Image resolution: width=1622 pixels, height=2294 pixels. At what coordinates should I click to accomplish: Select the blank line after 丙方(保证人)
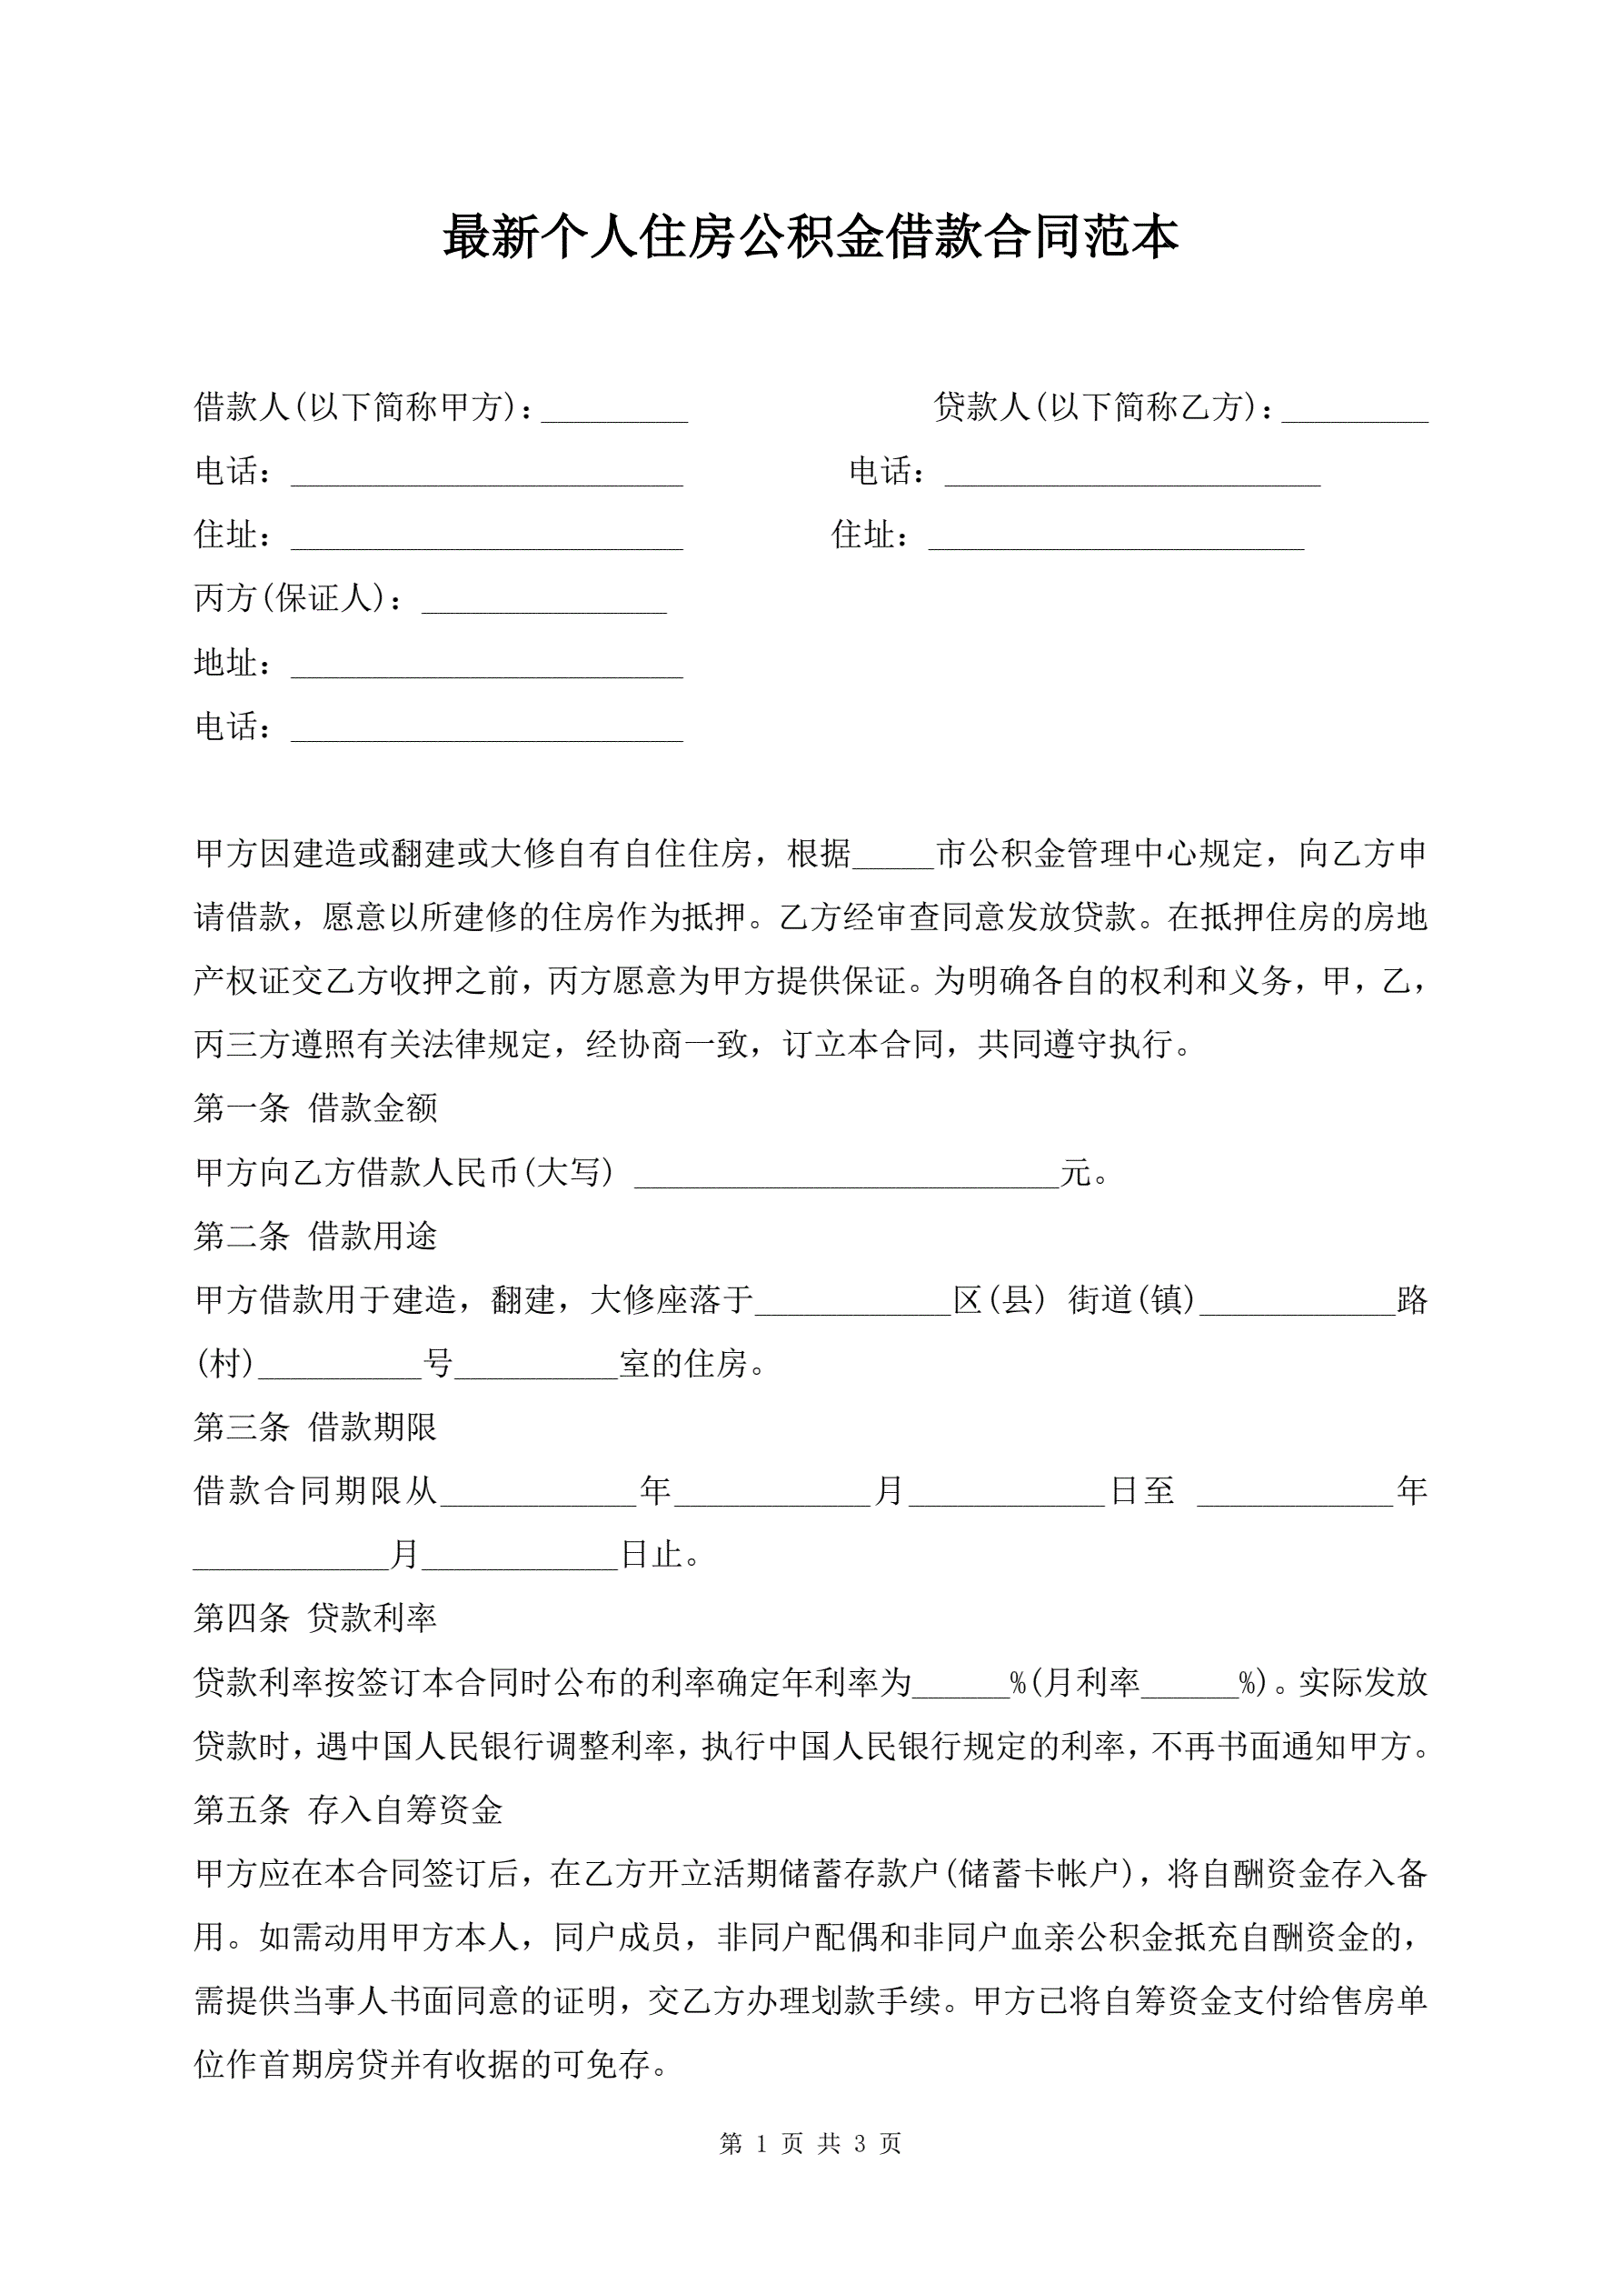tap(543, 604)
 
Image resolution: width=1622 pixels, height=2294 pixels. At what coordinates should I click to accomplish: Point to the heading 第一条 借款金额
tap(315, 1108)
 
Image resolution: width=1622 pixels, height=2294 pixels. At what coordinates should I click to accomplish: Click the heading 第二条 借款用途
tap(315, 1236)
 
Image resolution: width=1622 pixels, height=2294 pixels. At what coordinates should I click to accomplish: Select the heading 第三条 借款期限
tap(315, 1427)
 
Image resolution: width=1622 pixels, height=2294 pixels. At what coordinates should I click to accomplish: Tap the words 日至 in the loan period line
tap(1141, 1492)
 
